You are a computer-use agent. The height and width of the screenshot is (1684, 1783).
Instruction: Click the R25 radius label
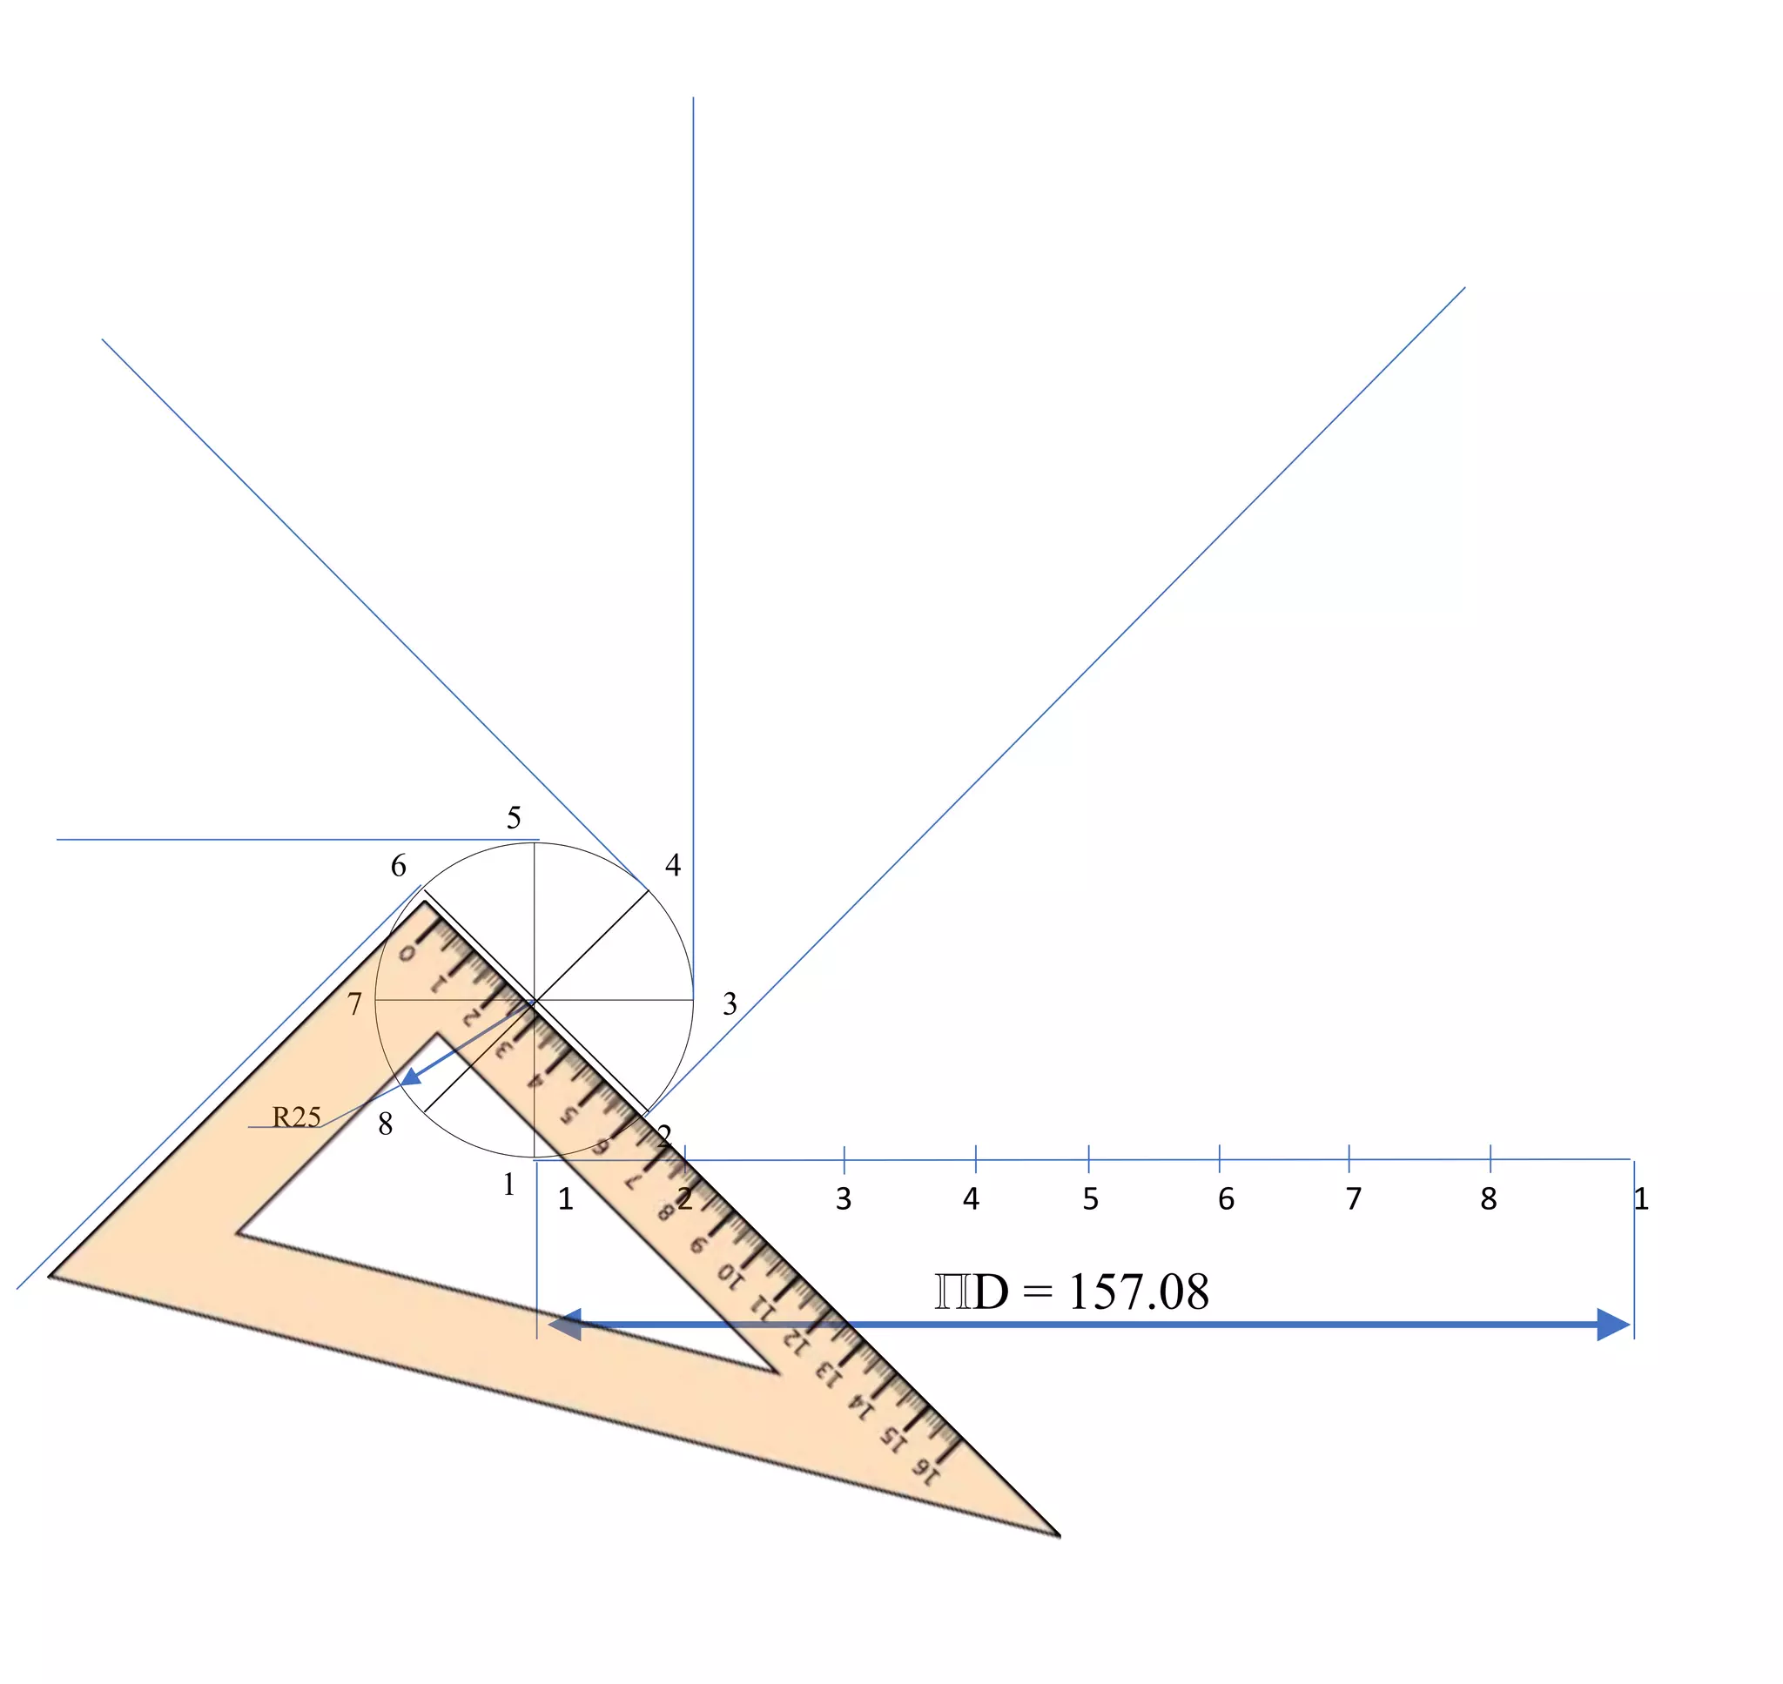click(x=296, y=1117)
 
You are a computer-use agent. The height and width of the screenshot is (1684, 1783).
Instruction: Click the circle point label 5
click(x=514, y=818)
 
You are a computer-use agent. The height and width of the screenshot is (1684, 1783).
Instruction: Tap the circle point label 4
click(x=672, y=865)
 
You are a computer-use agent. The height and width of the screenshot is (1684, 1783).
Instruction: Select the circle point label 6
click(x=399, y=866)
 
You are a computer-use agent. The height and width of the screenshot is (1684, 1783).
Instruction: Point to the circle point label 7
click(x=354, y=1003)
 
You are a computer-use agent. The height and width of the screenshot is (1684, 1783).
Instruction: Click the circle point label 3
click(x=730, y=1003)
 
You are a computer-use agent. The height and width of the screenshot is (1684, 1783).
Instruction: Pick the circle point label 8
click(x=385, y=1124)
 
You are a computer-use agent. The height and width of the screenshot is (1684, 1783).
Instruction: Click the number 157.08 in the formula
click(x=1139, y=1292)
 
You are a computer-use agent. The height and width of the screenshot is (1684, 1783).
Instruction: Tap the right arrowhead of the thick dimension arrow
click(x=1613, y=1325)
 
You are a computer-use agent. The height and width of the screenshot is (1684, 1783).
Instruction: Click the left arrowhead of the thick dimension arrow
click(x=565, y=1325)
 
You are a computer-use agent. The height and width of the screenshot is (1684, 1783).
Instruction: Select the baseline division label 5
click(x=1090, y=1199)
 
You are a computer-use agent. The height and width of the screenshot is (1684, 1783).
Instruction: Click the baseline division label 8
click(x=1489, y=1199)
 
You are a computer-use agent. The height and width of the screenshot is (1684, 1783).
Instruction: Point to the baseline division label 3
click(x=843, y=1199)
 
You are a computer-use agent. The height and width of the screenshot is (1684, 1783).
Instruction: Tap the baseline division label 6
click(x=1226, y=1199)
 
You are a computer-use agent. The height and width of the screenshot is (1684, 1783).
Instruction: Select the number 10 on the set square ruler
click(x=730, y=1276)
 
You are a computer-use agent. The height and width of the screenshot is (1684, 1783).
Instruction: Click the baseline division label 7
click(x=1354, y=1199)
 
